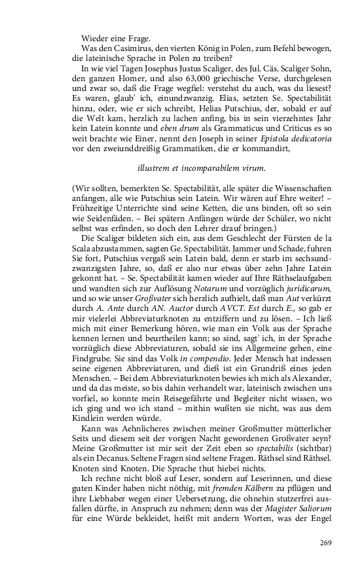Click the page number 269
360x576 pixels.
(326, 541)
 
